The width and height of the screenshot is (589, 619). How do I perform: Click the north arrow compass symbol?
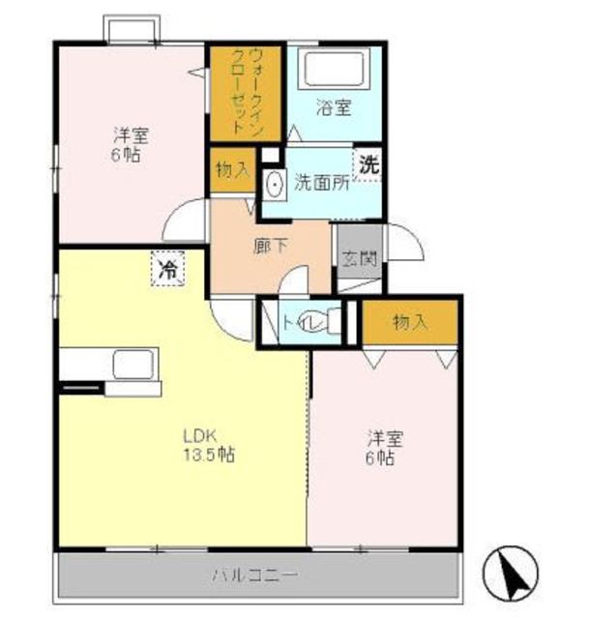click(x=511, y=573)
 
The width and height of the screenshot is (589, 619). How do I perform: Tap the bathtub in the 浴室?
click(x=334, y=69)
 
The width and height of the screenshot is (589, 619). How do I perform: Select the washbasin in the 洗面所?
click(x=274, y=185)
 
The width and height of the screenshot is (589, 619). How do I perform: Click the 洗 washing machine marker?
click(x=368, y=165)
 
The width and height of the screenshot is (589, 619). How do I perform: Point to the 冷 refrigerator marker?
click(x=167, y=269)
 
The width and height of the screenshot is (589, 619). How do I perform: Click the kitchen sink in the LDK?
click(x=133, y=365)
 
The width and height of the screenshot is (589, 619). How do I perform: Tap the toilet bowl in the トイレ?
click(x=330, y=320)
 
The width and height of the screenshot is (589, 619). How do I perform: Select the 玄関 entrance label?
click(x=359, y=258)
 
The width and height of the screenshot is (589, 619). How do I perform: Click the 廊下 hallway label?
click(x=271, y=247)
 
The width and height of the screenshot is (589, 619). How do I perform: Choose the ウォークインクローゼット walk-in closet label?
click(x=245, y=92)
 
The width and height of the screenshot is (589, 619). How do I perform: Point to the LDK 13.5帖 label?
click(x=208, y=445)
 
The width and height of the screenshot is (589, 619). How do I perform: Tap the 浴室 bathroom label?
click(x=334, y=107)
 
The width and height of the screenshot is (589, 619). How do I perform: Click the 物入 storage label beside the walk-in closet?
click(x=233, y=170)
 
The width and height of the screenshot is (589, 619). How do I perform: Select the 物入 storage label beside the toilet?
click(x=411, y=322)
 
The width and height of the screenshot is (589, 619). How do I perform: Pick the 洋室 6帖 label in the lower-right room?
click(x=383, y=448)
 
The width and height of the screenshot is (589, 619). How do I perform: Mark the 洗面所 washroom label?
click(x=321, y=183)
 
